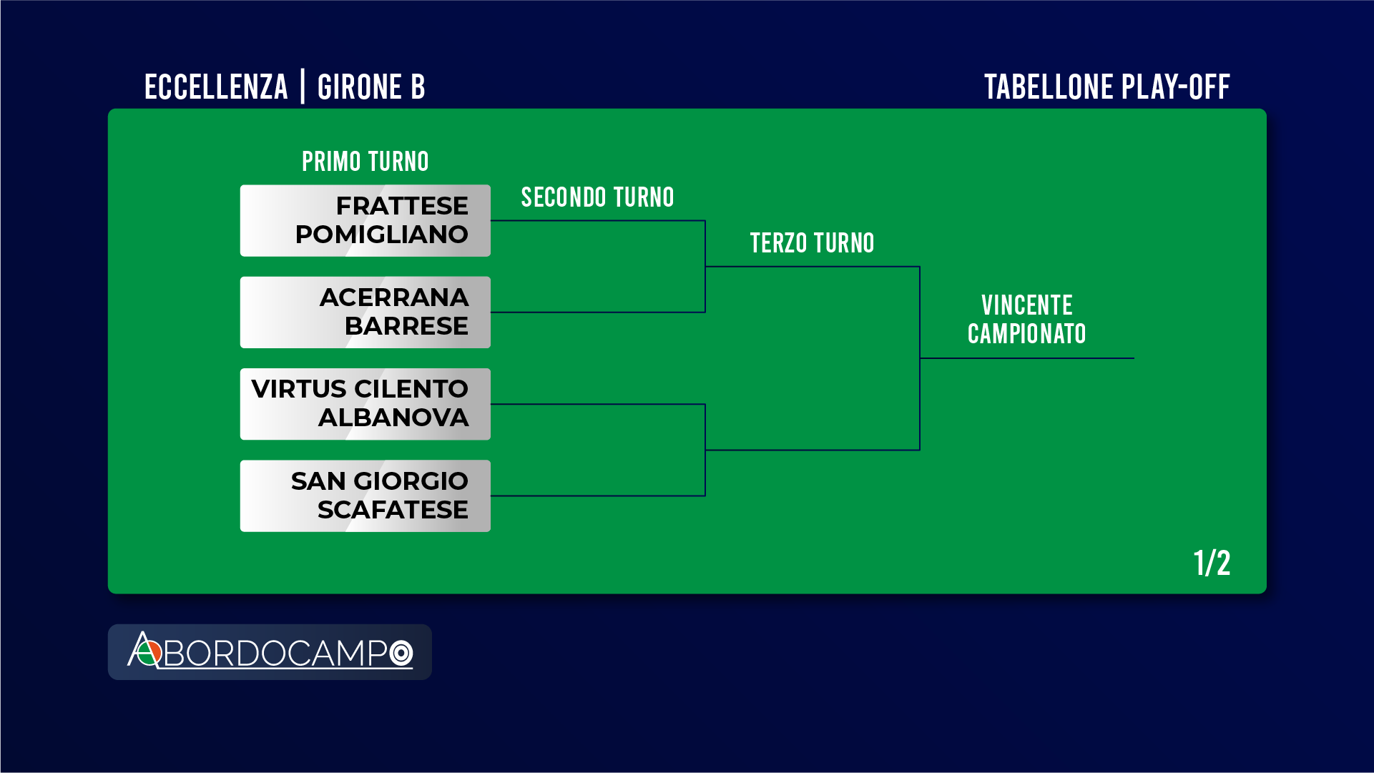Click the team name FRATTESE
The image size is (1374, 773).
pos(402,206)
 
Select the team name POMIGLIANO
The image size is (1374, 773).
pos(381,235)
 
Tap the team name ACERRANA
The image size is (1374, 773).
pos(394,297)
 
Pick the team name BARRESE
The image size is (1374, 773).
pos(406,326)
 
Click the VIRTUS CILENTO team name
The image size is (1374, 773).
pos(360,389)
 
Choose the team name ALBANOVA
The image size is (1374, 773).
pos(393,418)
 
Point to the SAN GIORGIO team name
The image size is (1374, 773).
pos(380,481)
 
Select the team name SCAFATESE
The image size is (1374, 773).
pos(393,510)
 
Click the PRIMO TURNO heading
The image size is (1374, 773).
pos(365,162)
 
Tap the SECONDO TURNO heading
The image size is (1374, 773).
pos(597,197)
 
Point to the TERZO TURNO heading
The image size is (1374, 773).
pos(812,243)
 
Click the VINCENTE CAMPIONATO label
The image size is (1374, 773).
pos(1026,320)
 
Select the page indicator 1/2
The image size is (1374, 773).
pos(1212,563)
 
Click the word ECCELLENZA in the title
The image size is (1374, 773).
pos(216,87)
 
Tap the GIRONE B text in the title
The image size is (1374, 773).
pos(371,87)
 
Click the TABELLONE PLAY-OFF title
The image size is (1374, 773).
pos(1106,87)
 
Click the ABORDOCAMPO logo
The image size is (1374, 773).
pos(270,651)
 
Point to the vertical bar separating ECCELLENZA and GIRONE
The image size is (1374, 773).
pos(303,87)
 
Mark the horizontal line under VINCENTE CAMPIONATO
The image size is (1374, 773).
pos(1027,358)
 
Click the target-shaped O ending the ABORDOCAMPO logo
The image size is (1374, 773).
pos(401,653)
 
